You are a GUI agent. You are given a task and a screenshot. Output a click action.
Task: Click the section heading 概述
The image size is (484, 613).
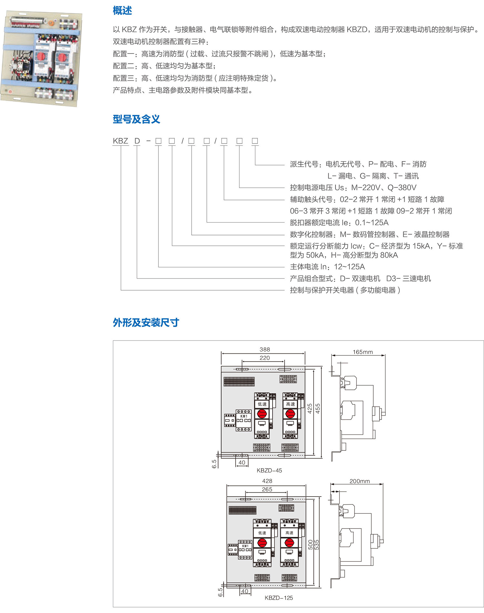(122, 11)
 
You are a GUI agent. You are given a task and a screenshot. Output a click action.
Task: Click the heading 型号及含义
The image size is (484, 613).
(136, 119)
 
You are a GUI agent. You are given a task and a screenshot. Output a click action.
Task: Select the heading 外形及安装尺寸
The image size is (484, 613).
(146, 322)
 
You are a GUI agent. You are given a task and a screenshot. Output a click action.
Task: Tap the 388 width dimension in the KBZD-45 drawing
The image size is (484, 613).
(265, 350)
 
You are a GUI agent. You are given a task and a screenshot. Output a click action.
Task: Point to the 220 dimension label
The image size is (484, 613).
(265, 358)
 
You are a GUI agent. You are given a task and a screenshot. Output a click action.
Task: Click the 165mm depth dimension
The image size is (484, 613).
(363, 352)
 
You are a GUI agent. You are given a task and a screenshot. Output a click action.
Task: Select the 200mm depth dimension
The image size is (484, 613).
(360, 481)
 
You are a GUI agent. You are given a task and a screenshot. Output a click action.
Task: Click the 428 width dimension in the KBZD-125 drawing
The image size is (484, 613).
(267, 481)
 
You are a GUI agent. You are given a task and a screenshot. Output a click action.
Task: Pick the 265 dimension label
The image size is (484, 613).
(267, 489)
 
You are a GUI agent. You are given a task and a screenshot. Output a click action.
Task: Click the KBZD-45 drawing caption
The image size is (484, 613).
(269, 470)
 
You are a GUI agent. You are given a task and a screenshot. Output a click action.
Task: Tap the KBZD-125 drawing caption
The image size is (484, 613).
(279, 598)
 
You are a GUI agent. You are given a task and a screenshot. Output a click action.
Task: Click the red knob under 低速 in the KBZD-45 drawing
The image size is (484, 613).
(262, 413)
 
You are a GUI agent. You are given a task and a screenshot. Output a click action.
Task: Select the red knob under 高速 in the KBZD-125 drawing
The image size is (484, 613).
(289, 543)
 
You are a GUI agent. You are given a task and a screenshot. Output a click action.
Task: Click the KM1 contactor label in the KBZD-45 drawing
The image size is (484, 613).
(244, 416)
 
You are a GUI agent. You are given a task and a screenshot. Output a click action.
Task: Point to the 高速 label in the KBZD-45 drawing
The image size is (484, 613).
(290, 404)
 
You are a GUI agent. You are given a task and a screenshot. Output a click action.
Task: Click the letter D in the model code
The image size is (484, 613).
(137, 141)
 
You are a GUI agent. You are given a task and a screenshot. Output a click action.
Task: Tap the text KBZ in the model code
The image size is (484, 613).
(120, 141)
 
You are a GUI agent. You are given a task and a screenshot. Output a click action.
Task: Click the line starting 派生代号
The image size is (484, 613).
(358, 164)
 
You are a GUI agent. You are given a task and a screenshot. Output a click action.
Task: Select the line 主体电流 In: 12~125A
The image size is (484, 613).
(327, 267)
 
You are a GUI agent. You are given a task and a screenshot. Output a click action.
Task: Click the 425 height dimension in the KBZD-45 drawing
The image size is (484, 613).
(310, 409)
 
